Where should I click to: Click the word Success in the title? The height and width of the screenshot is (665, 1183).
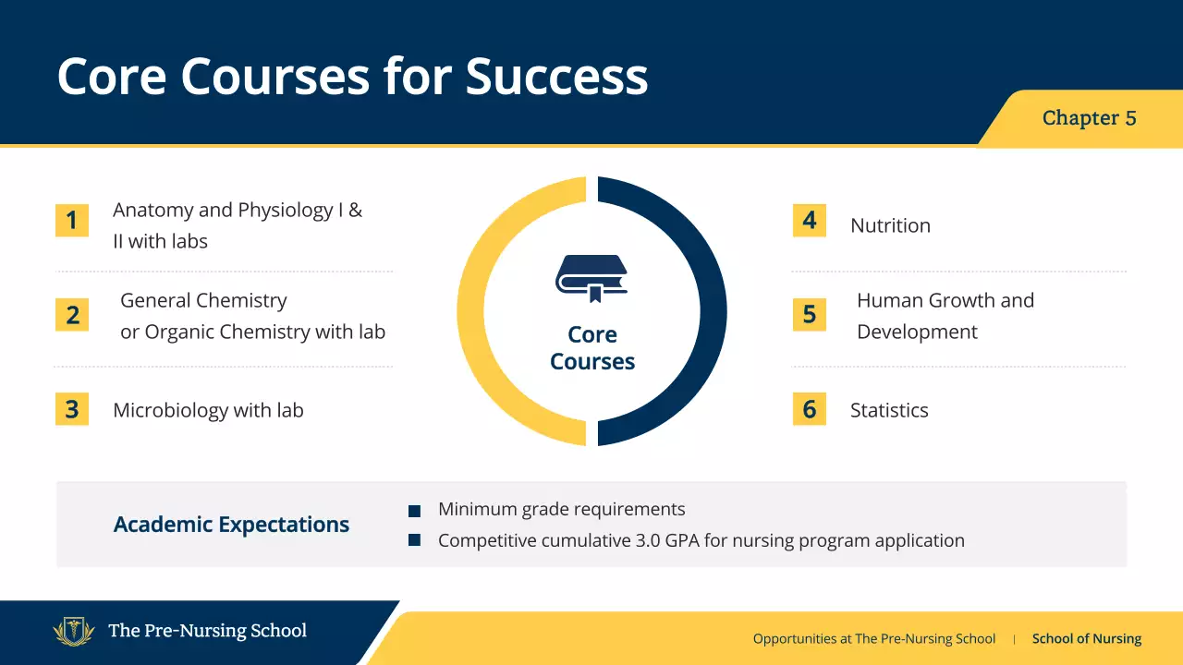click(556, 76)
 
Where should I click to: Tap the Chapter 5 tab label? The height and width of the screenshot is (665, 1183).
click(1089, 118)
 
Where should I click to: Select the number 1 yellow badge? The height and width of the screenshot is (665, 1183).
click(72, 221)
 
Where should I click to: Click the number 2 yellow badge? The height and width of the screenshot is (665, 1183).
click(72, 315)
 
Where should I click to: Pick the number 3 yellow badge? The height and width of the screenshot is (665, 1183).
click(72, 409)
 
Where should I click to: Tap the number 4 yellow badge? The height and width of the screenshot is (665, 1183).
click(809, 221)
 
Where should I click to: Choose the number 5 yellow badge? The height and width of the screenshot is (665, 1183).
click(809, 315)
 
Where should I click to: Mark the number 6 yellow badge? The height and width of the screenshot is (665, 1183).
click(809, 409)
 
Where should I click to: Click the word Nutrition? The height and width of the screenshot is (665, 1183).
click(890, 225)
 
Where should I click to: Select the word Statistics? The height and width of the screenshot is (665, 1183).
click(889, 410)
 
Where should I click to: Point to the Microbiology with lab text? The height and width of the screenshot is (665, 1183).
click(208, 410)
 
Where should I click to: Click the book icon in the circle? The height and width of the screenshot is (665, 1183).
click(591, 278)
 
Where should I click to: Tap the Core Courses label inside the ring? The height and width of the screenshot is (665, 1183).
click(591, 347)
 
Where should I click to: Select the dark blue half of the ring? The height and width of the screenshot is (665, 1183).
click(713, 311)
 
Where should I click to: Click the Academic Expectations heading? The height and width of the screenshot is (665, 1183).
click(231, 525)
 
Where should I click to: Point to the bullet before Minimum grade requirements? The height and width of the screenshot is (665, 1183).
click(415, 511)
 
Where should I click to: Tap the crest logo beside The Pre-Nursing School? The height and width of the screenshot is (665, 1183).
click(74, 631)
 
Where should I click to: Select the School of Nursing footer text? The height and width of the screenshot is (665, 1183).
click(1086, 638)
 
